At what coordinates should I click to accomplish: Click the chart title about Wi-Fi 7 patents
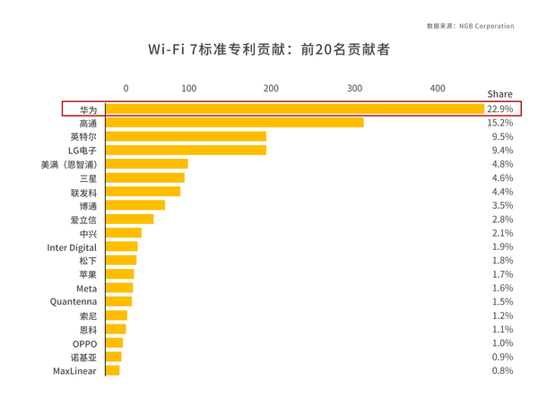tap(269, 49)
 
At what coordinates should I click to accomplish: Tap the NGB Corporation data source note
tap(470, 26)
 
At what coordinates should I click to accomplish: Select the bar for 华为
tap(294, 108)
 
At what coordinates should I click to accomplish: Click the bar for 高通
tap(234, 123)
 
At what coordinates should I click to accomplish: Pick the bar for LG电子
tap(186, 151)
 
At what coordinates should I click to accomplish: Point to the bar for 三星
tap(144, 178)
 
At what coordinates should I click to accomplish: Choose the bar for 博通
tap(134, 205)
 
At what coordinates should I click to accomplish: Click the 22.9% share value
tap(499, 108)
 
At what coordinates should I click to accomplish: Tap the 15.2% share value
tap(499, 123)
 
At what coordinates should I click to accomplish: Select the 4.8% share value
tap(502, 164)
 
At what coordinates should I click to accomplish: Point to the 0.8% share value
tap(502, 370)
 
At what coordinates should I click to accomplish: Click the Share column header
tap(499, 94)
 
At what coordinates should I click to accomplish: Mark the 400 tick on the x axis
tap(437, 88)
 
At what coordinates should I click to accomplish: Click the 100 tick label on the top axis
tap(188, 88)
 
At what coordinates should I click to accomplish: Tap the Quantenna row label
tap(74, 302)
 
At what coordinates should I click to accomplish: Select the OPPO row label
tap(84, 343)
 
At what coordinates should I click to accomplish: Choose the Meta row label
tap(86, 289)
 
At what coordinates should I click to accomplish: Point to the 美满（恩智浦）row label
tap(69, 164)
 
